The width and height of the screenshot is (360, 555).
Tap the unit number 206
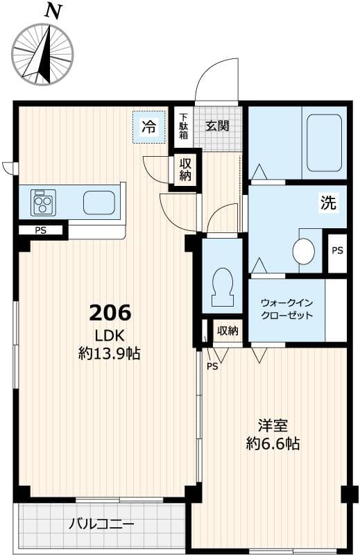point(110,313)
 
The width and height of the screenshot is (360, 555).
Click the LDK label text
point(109,336)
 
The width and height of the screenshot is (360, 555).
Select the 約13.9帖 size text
point(109,354)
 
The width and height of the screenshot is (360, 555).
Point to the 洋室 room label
point(273,425)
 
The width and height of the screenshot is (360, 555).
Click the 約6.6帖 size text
point(273,444)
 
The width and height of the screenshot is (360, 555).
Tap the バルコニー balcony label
point(101,524)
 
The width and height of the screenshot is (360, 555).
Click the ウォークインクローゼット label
point(286,309)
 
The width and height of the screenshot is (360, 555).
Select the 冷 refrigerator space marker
point(149,126)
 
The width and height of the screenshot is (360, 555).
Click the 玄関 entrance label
point(218,126)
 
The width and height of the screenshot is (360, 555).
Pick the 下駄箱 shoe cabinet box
point(183,126)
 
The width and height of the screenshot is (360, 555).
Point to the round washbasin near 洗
point(303,250)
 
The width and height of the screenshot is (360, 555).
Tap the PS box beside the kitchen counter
point(41,230)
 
